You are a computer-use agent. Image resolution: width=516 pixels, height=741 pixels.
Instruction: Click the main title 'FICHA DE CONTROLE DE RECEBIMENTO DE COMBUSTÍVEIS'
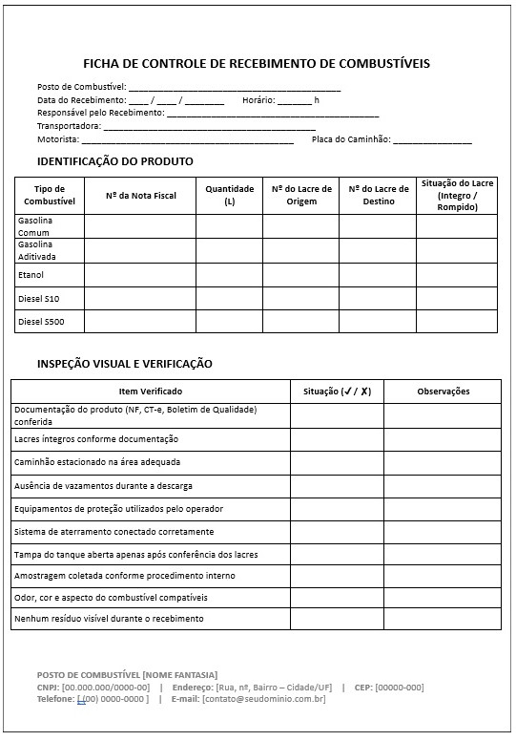coord(257,64)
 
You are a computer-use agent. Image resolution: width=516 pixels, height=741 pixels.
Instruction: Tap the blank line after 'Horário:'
coord(295,100)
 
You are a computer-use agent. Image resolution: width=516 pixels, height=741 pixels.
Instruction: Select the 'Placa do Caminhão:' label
coord(351,139)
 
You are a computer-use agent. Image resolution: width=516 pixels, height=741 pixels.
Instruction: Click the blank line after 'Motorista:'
coord(187,140)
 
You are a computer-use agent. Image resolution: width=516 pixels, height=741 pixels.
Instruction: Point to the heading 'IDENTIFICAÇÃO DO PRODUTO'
coord(114,161)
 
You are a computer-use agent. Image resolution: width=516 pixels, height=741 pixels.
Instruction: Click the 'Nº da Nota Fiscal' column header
coord(140,196)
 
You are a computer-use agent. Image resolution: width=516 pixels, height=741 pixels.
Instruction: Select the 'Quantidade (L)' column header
coord(229,196)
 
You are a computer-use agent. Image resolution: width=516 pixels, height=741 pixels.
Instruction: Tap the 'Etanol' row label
coord(31,275)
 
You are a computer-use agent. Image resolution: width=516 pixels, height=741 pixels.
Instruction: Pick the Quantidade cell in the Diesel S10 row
coord(229,298)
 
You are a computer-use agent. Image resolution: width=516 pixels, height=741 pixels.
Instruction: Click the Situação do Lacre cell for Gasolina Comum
coord(456,226)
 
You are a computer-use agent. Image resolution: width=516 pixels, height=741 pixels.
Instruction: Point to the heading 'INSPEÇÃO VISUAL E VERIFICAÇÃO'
coord(124,364)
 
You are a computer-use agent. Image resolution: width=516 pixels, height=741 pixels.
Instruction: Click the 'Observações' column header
coord(443,392)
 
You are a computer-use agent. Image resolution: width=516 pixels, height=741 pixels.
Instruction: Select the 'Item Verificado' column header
coord(150,392)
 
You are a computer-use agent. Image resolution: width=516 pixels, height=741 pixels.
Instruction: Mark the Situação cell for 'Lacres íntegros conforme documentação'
coord(337,439)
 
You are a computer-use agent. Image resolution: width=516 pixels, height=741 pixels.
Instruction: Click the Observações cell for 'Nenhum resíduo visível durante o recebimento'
coord(443,619)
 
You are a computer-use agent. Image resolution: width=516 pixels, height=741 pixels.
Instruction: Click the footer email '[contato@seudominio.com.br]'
coord(263,699)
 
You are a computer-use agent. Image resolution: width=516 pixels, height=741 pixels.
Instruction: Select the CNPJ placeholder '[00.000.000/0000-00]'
coord(106,688)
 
